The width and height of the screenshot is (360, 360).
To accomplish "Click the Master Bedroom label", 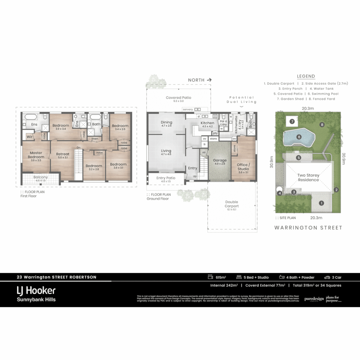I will [36, 155].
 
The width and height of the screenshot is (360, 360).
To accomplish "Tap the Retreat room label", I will [63, 154].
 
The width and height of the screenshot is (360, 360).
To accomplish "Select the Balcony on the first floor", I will [40, 178].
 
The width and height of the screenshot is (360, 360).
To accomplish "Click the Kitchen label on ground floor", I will [207, 123].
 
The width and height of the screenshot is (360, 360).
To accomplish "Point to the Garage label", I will [220, 161].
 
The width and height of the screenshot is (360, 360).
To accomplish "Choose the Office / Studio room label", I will [243, 167].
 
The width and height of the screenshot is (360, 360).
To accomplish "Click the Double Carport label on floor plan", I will [231, 204].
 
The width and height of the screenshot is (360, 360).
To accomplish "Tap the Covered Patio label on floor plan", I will [179, 98].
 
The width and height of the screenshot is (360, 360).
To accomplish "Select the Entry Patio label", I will [166, 178].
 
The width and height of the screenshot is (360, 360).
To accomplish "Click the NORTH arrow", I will [209, 80].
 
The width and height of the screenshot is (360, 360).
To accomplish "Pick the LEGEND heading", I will [306, 76].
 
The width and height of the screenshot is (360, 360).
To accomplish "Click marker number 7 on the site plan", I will [292, 121].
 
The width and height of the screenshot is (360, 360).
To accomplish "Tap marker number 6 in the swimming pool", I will [299, 137].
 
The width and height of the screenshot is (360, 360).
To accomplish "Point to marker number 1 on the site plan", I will [321, 203].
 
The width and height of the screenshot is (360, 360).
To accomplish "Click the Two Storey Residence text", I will [308, 177].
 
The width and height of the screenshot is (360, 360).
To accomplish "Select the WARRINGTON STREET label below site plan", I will [308, 228].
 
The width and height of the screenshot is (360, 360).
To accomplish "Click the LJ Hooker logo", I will [36, 290].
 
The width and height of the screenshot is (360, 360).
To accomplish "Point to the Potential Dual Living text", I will [242, 100].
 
